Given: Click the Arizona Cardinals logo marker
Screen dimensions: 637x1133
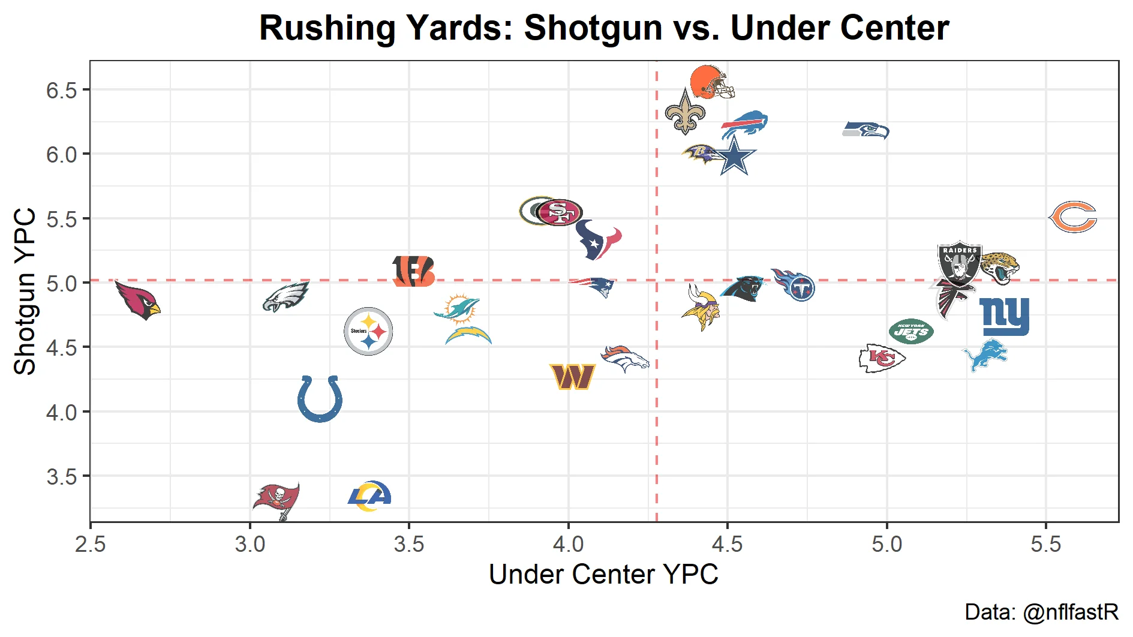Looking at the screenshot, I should point(138,300).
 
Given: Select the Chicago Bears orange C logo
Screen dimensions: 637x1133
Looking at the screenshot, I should point(1073,217).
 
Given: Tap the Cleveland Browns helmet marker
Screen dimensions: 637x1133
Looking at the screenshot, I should point(711,82).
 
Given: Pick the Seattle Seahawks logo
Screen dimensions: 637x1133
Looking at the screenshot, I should point(865,130).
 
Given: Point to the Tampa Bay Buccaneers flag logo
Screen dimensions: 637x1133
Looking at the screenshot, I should point(277,500).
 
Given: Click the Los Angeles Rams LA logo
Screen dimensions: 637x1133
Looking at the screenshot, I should point(369,496).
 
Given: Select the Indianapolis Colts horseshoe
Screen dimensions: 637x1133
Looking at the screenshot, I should point(320,398).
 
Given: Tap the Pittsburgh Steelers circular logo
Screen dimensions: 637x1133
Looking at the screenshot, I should point(368,331).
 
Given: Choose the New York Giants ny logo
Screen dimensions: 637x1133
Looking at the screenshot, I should point(1004,316).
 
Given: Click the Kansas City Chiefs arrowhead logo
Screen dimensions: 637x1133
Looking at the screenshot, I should point(881,359).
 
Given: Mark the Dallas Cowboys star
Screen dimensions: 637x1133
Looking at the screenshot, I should point(734,156).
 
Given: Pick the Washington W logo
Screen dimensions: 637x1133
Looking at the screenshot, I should point(573,377).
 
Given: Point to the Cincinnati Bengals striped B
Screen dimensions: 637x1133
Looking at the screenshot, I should point(413,271).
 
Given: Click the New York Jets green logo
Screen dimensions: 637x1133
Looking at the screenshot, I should point(911,331).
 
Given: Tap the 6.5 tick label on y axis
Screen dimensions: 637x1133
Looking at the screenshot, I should point(62,91).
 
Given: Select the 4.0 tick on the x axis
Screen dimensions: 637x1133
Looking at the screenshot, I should point(568,545).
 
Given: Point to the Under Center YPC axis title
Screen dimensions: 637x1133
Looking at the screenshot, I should point(603,575).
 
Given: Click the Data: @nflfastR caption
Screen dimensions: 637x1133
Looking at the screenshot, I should point(1041,612).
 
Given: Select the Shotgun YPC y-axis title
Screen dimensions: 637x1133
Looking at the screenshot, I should point(25,292).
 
